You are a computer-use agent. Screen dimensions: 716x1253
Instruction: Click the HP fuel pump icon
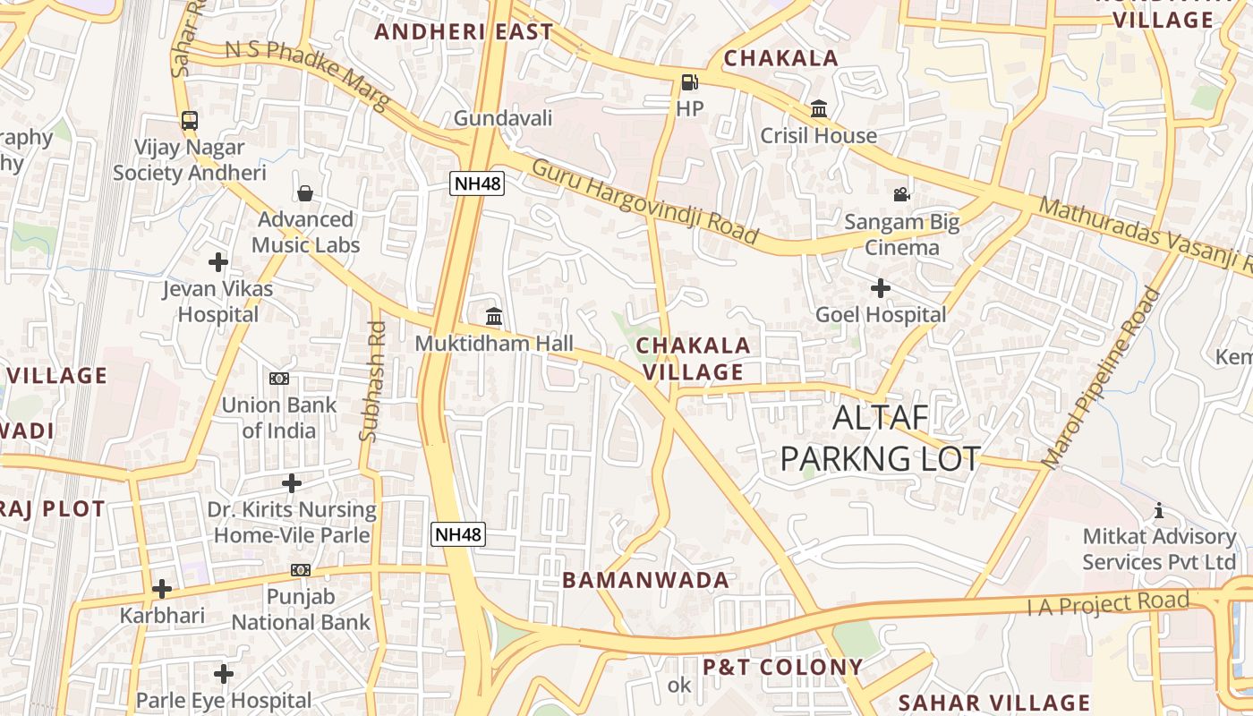pyautogui.click(x=689, y=82)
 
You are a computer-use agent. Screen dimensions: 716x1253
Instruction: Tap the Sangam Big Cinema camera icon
pyautogui.click(x=901, y=194)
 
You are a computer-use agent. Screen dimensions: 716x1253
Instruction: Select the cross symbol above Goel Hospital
pyautogui.click(x=881, y=288)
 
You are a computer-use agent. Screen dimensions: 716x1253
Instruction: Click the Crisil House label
pyautogui.click(x=818, y=136)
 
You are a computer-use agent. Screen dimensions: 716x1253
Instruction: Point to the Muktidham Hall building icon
pyautogui.click(x=494, y=316)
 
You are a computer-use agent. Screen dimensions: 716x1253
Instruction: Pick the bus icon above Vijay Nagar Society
pyautogui.click(x=189, y=120)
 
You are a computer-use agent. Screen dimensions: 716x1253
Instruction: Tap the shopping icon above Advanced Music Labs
pyautogui.click(x=305, y=193)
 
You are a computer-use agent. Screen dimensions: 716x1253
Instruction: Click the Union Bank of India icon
pyautogui.click(x=279, y=379)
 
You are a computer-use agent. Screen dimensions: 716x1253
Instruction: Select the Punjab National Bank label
pyautogui.click(x=301, y=609)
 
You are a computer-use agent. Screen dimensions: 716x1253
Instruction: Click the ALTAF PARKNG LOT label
pyautogui.click(x=881, y=438)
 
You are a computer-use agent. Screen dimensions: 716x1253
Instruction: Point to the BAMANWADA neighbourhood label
pyautogui.click(x=645, y=580)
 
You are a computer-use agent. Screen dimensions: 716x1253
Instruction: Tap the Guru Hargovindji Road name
pyautogui.click(x=644, y=201)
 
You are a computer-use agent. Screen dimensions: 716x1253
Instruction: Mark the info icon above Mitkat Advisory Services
pyautogui.click(x=1159, y=510)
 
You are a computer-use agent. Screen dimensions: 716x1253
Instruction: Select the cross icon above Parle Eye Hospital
pyautogui.click(x=223, y=673)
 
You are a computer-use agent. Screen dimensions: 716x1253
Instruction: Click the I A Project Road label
pyautogui.click(x=1108, y=604)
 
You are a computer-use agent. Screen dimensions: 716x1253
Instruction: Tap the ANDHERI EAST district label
pyautogui.click(x=464, y=32)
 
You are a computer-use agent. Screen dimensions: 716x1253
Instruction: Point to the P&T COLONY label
pyautogui.click(x=782, y=667)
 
